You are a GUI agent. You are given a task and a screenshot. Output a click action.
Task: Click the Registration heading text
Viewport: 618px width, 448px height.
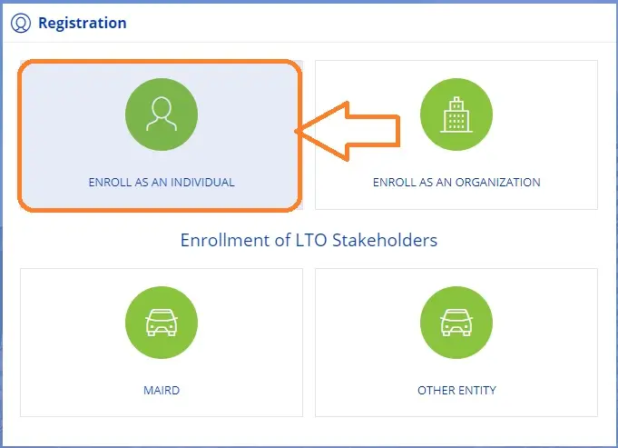coord(82,23)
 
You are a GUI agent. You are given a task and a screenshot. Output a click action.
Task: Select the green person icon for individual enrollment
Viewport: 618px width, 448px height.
coord(161,115)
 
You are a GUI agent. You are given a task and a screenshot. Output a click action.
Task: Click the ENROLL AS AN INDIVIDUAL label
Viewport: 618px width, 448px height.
coord(162,183)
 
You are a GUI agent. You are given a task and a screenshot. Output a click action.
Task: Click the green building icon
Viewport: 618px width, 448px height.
coord(456,115)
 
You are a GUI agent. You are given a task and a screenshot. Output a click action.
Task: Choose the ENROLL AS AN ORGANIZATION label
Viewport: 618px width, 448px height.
coord(456,183)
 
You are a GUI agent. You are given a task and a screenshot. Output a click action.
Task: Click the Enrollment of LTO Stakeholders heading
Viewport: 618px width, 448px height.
coord(309,241)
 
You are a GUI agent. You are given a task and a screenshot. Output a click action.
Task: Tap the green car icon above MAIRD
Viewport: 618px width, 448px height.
coord(161,324)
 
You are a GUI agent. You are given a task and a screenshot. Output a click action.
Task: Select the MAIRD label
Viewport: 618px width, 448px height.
coord(162,391)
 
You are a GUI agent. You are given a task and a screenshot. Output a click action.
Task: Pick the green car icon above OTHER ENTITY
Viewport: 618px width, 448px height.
coord(456,324)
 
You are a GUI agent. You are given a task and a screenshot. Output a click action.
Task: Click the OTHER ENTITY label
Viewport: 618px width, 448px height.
coord(456,391)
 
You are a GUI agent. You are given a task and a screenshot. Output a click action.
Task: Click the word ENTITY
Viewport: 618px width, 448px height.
coord(476,391)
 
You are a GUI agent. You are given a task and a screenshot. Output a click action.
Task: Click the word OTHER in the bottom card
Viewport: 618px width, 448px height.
coord(435,391)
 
